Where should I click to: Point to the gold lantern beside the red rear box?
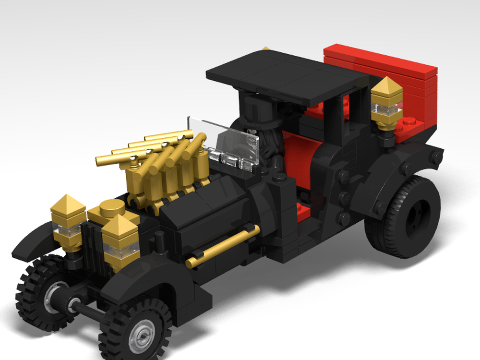pos(386,103)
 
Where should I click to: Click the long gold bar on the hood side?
pos(223,245)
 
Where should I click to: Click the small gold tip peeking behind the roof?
pos(265,48)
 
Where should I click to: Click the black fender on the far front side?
pos(31,240)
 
